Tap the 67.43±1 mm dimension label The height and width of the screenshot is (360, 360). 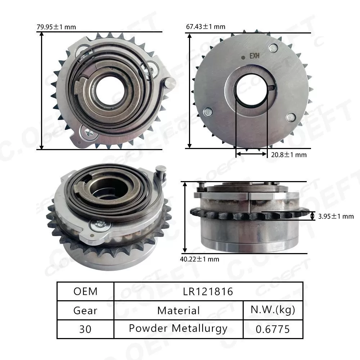(206, 27)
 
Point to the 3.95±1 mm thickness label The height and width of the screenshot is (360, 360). (336, 216)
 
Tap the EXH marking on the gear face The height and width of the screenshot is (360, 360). (255, 56)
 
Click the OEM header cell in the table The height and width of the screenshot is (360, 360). (85, 291)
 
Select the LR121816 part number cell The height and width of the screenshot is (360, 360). (208, 291)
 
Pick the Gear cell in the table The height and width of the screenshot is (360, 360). (85, 310)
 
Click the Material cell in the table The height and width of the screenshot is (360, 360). (179, 310)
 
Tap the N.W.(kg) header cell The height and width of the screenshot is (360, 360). (273, 310)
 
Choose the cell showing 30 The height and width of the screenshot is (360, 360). (85, 329)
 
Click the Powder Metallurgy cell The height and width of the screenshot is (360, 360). (179, 329)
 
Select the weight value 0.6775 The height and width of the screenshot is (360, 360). (273, 329)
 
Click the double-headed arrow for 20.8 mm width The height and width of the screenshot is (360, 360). (252, 154)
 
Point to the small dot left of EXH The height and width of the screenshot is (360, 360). (243, 56)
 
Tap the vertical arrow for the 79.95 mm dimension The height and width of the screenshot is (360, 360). (42, 90)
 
